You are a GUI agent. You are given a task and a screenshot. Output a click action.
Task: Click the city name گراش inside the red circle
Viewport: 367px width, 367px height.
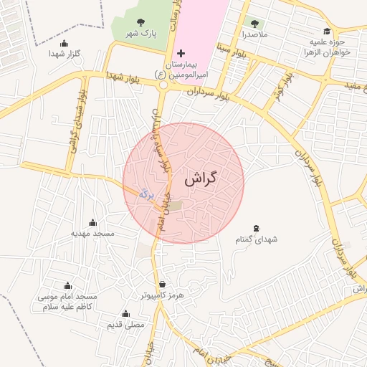point(200,179)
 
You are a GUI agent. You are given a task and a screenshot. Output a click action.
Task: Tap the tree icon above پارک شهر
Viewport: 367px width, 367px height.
point(139,22)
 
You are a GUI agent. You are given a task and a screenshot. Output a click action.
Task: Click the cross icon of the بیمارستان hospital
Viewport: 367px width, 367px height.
point(181,54)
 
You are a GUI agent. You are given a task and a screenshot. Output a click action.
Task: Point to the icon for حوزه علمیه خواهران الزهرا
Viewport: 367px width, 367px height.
point(327,32)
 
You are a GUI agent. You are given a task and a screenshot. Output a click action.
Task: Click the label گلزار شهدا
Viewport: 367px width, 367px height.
point(64,54)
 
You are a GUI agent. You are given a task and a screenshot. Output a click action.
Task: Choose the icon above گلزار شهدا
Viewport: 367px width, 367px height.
point(64,44)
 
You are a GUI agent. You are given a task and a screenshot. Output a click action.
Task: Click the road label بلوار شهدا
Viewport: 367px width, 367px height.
point(121,76)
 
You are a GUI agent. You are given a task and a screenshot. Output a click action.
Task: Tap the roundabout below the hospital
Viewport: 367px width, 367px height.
point(163,85)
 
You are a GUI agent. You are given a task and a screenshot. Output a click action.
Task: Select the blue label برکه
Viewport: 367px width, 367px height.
point(146,193)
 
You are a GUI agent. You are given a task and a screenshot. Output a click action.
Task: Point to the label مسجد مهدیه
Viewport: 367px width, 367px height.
point(92,233)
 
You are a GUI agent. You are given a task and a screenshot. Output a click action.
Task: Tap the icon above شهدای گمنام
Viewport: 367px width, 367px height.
point(257,228)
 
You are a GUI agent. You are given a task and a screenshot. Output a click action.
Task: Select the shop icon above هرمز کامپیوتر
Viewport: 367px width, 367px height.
point(162,284)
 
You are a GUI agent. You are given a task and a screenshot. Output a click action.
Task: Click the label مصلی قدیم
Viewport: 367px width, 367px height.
point(125,325)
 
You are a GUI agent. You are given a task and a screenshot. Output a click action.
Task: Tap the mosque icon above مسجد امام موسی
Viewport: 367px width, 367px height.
point(68,285)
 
